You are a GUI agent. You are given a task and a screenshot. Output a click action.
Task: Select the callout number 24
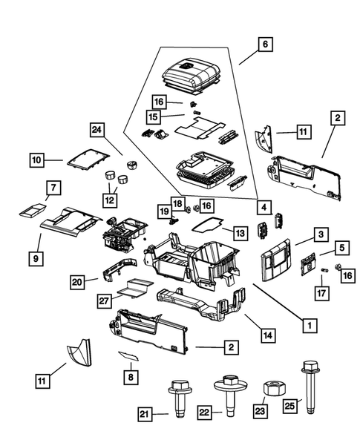click(96, 131)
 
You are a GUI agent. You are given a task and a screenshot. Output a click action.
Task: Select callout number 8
click(131, 377)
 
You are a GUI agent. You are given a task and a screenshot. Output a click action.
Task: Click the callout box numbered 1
click(304, 323)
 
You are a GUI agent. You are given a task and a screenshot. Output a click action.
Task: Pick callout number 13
click(240, 233)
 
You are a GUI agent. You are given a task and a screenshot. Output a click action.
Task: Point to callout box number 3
click(319, 235)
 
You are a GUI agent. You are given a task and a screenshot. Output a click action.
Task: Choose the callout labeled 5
click(341, 247)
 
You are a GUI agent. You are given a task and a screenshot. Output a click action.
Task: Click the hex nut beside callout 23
click(272, 389)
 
